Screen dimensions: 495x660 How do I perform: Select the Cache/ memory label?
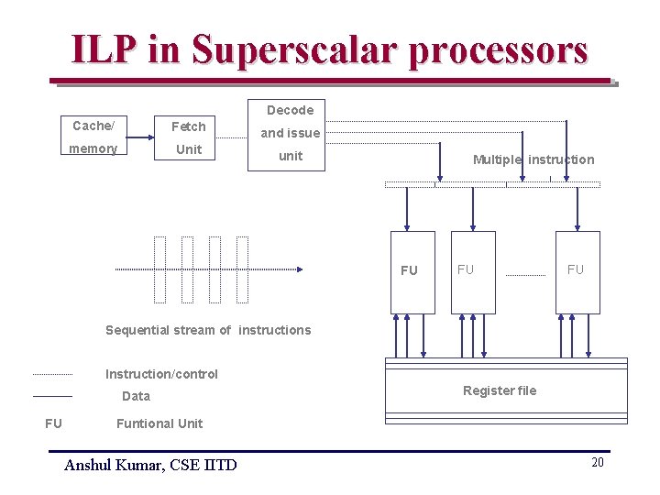[94, 137]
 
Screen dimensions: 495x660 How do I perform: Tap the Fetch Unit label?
[189, 137]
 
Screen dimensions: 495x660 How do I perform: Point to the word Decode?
[290, 110]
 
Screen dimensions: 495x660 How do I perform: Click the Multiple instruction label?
[533, 159]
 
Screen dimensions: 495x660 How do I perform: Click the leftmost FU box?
[410, 271]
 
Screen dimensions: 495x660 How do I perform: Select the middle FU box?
[472, 271]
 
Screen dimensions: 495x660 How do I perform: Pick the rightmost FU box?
[577, 271]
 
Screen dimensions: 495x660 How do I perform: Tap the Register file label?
[500, 390]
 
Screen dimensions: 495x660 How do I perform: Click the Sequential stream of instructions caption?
[208, 330]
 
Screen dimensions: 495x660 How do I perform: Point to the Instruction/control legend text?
[161, 374]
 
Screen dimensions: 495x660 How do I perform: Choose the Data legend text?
[136, 396]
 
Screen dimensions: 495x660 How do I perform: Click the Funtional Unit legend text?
[159, 423]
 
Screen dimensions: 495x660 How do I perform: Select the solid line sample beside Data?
[52, 396]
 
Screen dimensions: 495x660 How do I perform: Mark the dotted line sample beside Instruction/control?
[52, 374]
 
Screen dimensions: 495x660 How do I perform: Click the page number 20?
[597, 463]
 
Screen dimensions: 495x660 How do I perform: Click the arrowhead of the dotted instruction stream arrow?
[299, 269]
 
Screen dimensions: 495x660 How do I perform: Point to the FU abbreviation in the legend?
[53, 423]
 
